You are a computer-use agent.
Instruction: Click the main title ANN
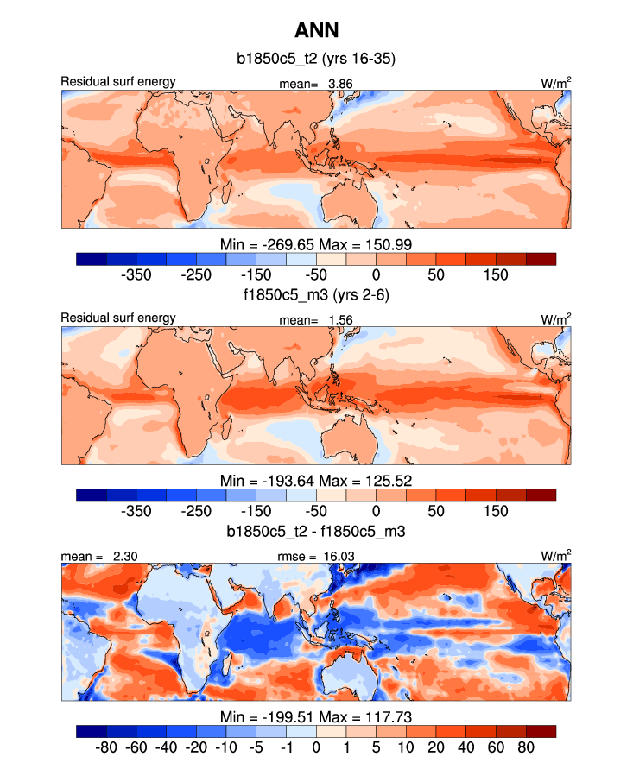316,31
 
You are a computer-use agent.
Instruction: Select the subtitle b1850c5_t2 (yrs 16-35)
316,60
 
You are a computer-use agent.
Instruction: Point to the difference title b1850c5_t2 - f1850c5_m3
316,533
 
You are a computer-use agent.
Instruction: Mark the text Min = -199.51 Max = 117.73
316,716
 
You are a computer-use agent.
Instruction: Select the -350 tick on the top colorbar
138,274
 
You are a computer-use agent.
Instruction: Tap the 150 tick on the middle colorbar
496,511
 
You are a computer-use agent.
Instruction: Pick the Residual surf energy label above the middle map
118,318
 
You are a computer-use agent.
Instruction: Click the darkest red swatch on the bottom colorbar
541,731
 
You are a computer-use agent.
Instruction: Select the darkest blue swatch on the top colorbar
92,258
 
